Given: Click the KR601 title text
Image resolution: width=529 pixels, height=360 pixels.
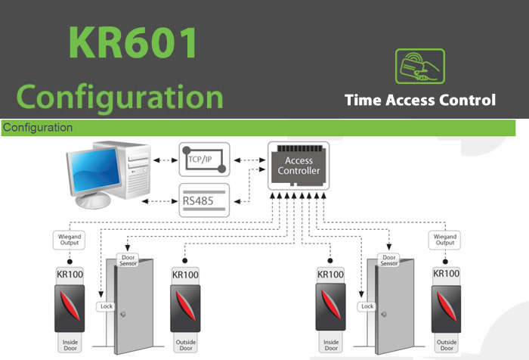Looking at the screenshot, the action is click(133, 43).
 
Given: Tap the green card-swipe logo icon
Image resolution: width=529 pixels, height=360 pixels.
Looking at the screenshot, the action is click(420, 67).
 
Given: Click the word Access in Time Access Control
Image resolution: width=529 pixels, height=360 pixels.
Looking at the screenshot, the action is click(410, 101).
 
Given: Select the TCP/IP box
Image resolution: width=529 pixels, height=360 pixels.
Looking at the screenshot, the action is click(205, 160).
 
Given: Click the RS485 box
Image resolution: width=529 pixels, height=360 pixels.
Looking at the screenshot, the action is click(204, 200).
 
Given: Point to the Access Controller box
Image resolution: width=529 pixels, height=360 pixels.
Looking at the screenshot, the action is click(299, 166).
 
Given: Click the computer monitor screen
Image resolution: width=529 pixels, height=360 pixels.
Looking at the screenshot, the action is click(94, 171).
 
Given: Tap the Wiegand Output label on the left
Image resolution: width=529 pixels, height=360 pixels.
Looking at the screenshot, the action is click(70, 240).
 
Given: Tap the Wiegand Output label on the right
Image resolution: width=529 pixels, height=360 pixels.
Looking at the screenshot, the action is click(444, 240).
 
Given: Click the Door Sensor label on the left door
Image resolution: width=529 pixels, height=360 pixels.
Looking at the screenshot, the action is click(128, 260).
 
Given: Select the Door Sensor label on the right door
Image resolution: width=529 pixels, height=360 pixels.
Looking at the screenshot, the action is click(388, 260).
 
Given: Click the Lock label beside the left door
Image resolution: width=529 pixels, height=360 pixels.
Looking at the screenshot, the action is click(106, 306).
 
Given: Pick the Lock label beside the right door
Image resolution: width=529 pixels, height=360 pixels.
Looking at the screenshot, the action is click(367, 306).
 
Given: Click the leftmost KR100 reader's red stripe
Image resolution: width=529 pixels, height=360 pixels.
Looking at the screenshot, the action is click(70, 306).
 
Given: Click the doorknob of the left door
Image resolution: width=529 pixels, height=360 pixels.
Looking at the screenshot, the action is click(123, 315).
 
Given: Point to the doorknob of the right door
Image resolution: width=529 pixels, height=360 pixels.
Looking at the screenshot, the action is click(384, 315).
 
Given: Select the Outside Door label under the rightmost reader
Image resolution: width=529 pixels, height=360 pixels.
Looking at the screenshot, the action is click(447, 345).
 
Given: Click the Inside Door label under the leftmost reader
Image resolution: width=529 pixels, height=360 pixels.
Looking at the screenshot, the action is click(70, 345).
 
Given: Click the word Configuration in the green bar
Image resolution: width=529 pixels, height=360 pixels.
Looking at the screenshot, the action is click(38, 128).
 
